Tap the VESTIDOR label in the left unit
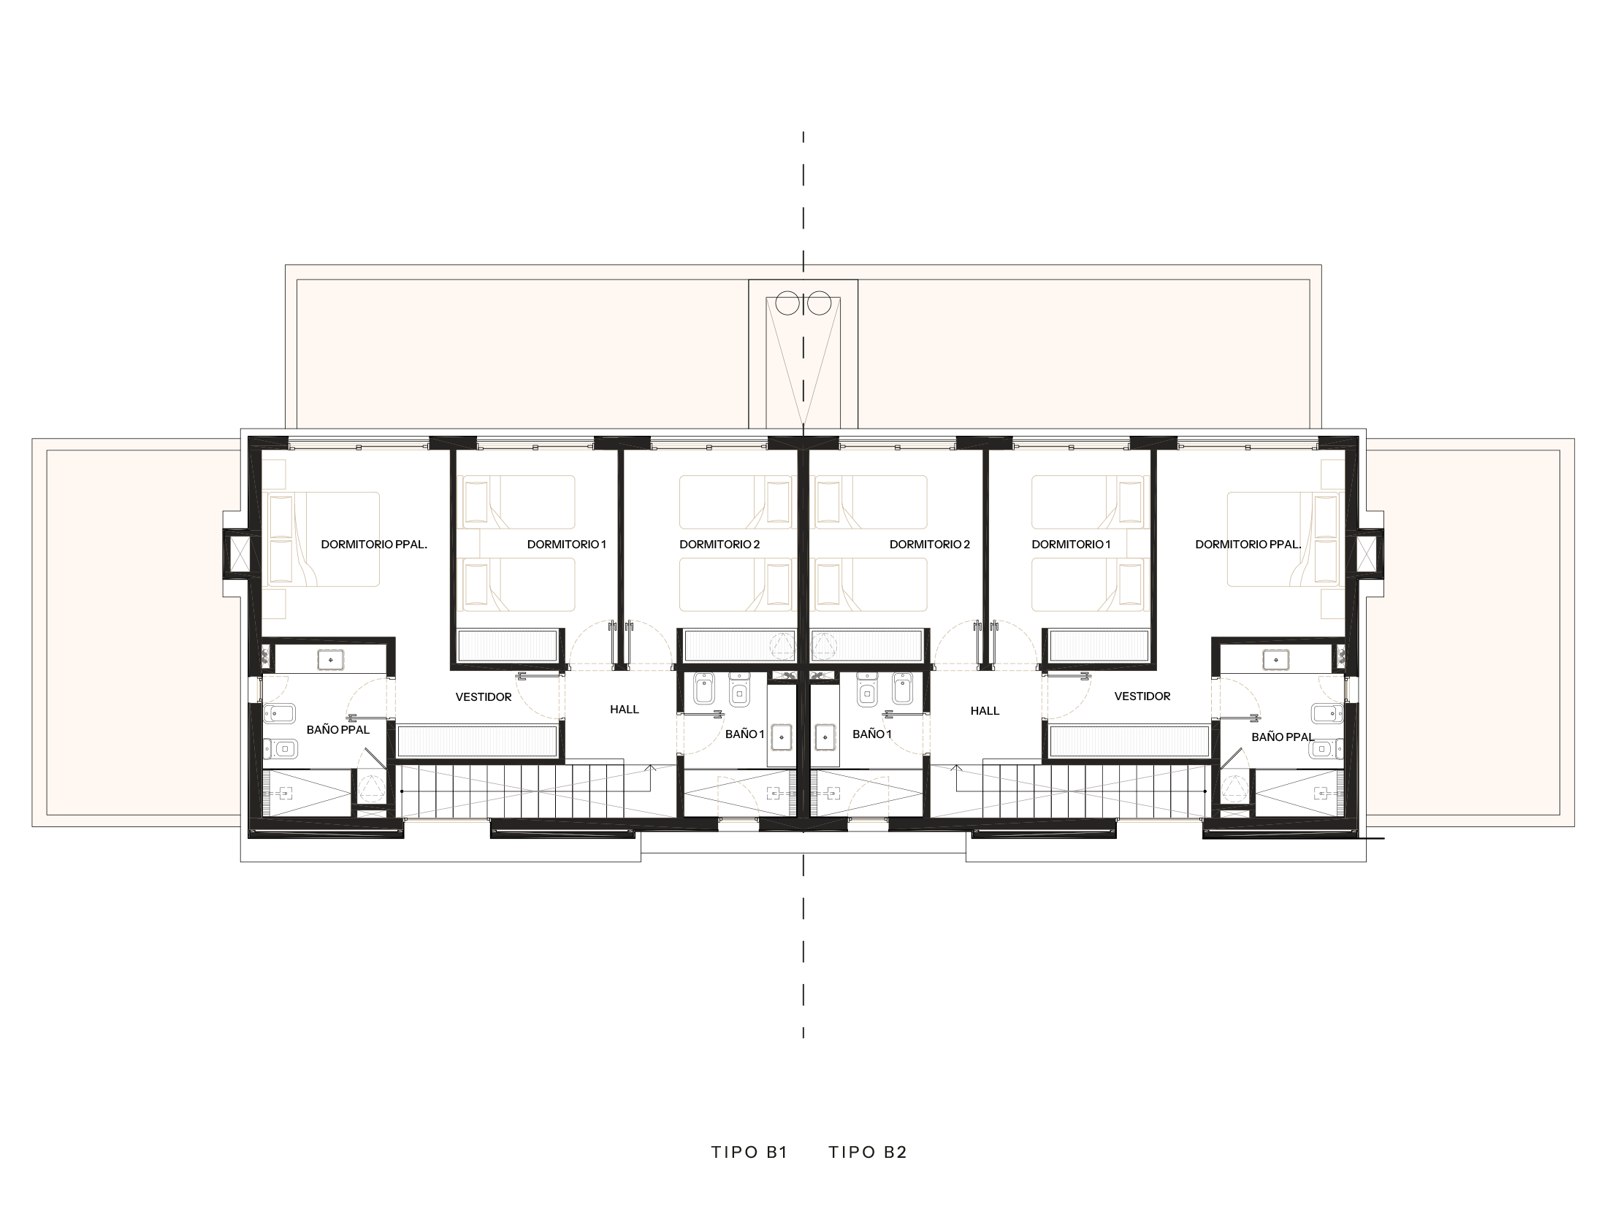484,697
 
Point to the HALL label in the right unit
985,710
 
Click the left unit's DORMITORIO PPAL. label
374,544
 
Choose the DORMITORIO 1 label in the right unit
1071,544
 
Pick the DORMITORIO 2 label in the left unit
719,544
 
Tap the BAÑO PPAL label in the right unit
1283,737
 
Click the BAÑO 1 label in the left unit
744,734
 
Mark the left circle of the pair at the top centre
788,303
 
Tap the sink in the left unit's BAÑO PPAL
332,659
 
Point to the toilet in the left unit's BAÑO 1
739,693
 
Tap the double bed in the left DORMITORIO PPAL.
324,539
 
